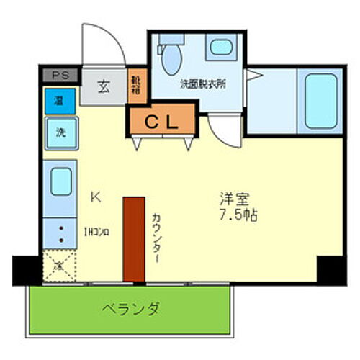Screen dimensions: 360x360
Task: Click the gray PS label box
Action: point(60,74)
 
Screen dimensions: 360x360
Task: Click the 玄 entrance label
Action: point(104,89)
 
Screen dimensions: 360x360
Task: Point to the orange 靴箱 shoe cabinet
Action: point(135,86)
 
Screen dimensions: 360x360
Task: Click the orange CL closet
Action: point(163,121)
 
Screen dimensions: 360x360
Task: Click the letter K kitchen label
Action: point(95,196)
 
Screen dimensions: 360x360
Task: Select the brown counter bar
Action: point(133,238)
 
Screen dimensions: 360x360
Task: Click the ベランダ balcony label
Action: point(130,308)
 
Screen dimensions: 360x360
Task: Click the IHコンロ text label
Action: point(96,232)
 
